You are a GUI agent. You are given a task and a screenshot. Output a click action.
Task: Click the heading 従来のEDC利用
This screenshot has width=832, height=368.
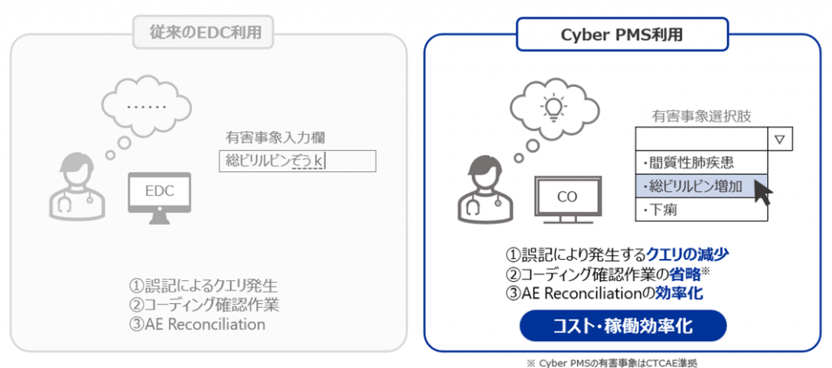[x=202, y=32]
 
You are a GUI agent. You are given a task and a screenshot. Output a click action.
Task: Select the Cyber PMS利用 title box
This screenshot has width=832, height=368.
[x=622, y=35]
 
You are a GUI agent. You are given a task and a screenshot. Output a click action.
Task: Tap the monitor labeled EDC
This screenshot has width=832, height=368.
[x=160, y=199]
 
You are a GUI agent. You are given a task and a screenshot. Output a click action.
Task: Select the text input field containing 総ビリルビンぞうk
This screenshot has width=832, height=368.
[x=297, y=161]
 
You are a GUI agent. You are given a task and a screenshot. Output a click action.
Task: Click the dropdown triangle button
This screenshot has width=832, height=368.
[x=779, y=140]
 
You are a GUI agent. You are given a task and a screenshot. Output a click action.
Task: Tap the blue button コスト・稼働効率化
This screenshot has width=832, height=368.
[x=622, y=326]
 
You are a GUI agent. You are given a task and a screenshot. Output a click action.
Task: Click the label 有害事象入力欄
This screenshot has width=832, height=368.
[x=275, y=138]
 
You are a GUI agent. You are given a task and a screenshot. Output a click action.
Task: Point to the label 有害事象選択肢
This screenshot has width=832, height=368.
[x=701, y=116]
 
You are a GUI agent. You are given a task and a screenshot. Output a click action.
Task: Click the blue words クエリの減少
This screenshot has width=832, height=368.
[x=687, y=255]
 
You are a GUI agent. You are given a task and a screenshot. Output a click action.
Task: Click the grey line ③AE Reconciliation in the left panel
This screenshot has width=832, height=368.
[x=197, y=324]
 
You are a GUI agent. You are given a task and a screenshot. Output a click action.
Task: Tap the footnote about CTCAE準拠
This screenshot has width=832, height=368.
[x=611, y=362]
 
